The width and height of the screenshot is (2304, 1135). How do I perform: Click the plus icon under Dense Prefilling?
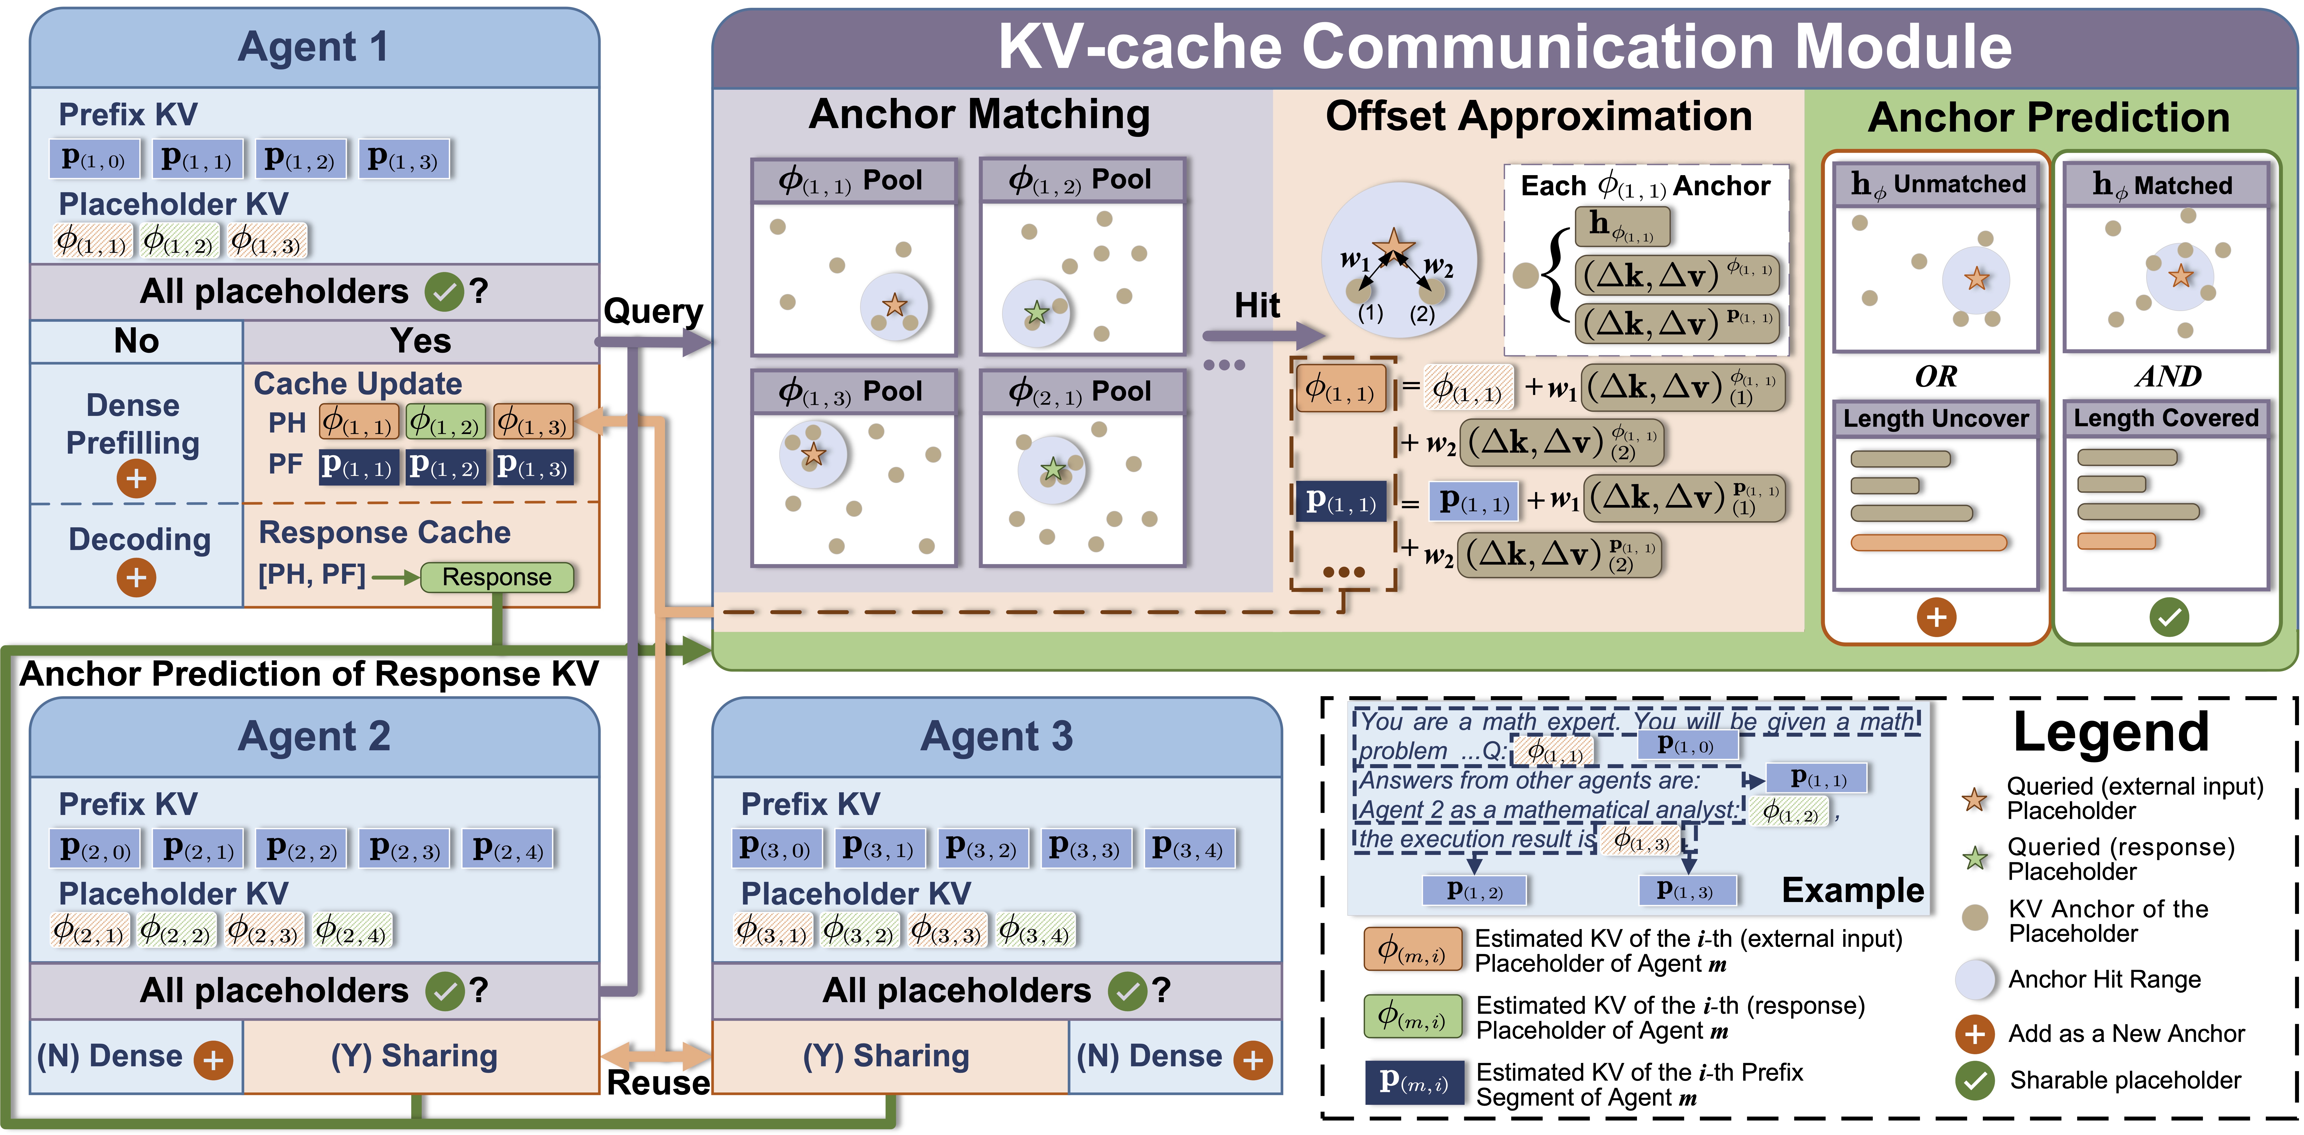(136, 479)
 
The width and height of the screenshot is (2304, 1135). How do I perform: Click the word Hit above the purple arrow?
(1257, 306)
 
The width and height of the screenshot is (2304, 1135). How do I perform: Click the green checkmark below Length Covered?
(2169, 616)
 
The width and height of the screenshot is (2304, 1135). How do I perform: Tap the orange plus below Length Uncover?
(1937, 616)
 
